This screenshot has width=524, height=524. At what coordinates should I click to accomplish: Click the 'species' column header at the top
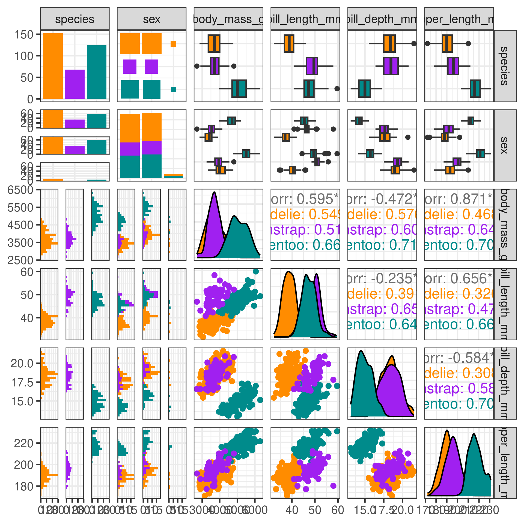[x=75, y=19]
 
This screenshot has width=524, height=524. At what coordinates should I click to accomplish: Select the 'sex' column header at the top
[x=151, y=19]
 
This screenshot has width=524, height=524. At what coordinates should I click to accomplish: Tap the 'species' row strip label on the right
[x=505, y=66]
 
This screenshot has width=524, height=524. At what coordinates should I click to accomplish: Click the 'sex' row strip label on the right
[x=505, y=145]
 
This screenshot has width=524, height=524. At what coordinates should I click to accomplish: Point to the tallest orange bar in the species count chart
[x=53, y=66]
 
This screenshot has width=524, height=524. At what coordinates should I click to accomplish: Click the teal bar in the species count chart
[x=97, y=72]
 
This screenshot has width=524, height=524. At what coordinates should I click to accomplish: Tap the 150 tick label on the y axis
[x=23, y=35]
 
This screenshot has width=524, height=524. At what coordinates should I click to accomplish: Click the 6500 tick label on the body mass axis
[x=20, y=190]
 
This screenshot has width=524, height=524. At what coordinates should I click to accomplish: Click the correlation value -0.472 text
[x=388, y=199]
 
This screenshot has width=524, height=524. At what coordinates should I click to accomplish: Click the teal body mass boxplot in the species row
[x=239, y=88]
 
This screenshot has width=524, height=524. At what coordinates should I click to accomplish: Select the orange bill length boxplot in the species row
[x=289, y=43]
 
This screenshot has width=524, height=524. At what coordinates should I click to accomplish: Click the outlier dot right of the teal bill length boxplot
[x=337, y=88]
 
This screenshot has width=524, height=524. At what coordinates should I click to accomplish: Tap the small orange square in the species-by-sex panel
[x=173, y=43]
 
